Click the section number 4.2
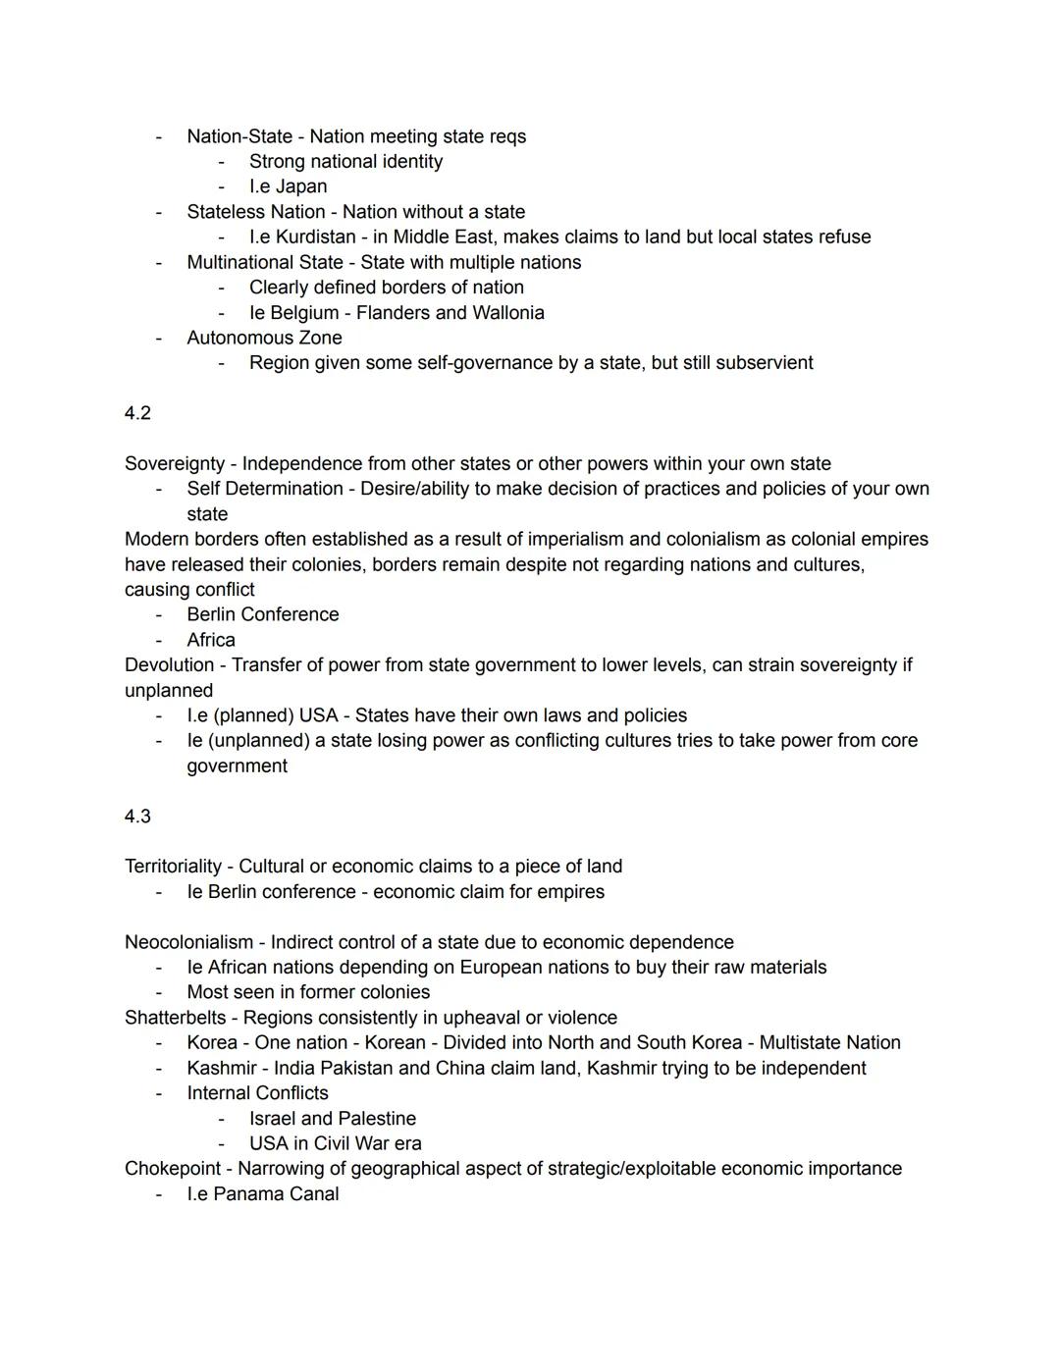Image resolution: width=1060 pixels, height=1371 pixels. coord(137,413)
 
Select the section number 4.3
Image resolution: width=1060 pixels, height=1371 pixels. coord(137,817)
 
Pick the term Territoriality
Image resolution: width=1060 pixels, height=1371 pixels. coord(173,867)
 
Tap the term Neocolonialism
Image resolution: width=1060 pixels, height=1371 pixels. coord(188,942)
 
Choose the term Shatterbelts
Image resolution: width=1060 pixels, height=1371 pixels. coord(175,1018)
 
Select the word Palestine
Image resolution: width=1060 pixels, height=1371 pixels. coord(377,1119)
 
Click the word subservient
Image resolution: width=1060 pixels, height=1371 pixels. coord(764,363)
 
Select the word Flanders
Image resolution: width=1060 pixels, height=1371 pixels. coord(396,312)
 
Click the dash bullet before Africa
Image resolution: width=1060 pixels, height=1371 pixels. coord(158,640)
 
